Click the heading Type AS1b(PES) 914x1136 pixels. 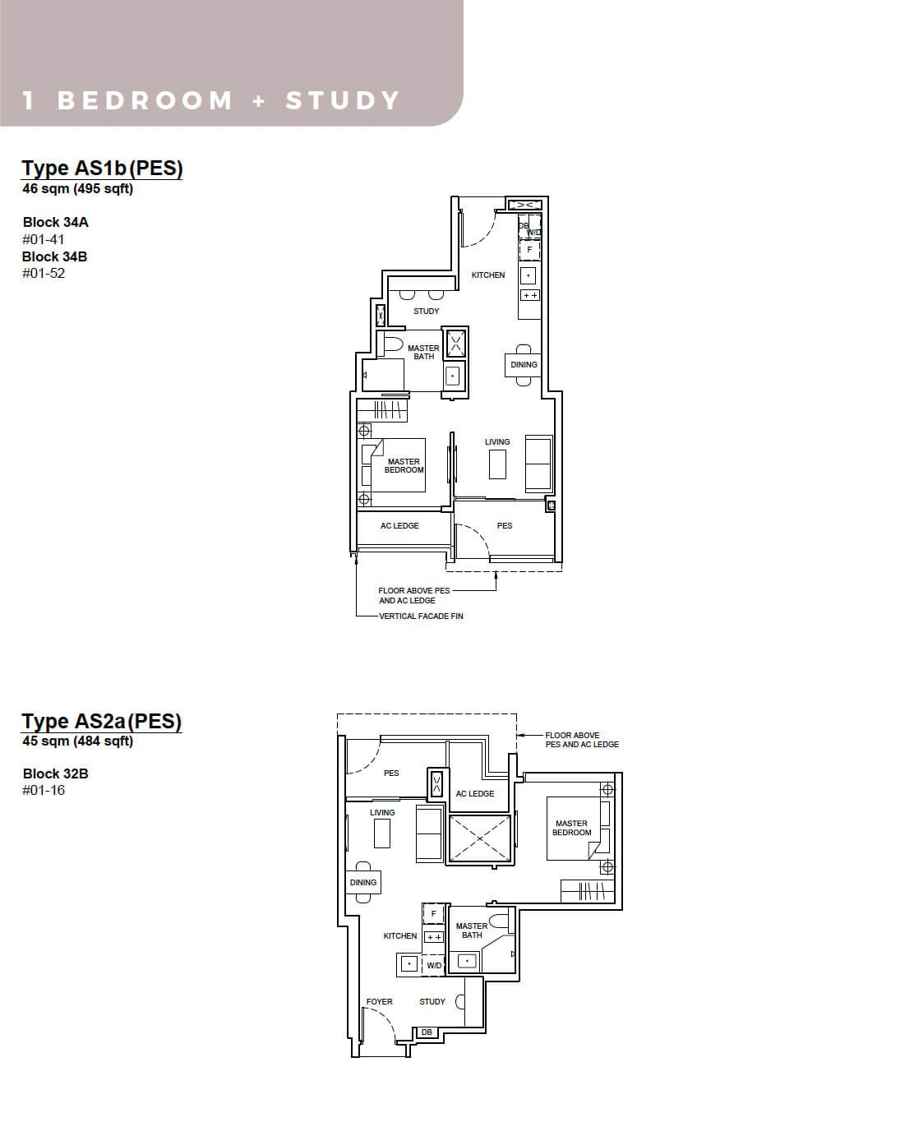pos(102,168)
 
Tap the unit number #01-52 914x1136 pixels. pos(44,274)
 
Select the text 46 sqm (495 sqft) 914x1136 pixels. pos(77,188)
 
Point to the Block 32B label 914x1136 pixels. pos(55,773)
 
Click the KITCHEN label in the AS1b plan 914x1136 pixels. pos(488,275)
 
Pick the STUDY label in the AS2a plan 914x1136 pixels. pos(432,1001)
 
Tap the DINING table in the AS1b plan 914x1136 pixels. pos(524,365)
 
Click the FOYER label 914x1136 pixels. pos(379,1001)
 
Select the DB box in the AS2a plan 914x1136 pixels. pos(427,1032)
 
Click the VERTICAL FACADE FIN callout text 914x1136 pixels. pos(421,616)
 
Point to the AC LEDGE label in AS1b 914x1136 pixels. pos(399,526)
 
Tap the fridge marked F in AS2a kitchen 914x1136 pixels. pos(433,914)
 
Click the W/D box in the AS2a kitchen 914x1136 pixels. pos(434,965)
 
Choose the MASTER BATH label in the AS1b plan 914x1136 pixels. pos(423,353)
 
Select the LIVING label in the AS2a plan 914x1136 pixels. pos(382,812)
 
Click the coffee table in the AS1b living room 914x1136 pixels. pos(497,464)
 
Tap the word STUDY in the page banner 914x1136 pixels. pos(342,101)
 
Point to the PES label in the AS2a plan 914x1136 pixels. pos(391,773)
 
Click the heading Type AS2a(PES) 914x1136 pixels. pos(101,721)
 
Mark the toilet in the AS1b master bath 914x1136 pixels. pos(390,345)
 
